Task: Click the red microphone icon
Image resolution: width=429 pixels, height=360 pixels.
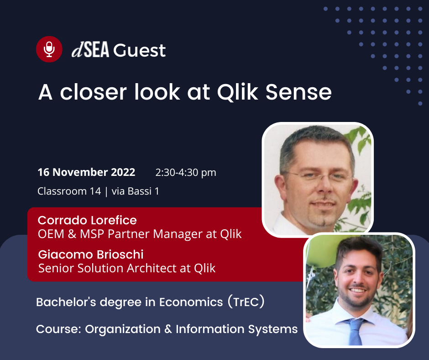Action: coord(49,49)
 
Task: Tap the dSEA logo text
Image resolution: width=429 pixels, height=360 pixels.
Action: coord(90,50)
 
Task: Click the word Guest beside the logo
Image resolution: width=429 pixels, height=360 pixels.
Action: coord(140,50)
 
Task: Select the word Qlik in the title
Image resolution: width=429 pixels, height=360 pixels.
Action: coord(237,92)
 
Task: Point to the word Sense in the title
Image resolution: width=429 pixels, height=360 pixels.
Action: coord(298,92)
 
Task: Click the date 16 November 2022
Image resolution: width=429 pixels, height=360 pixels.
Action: coord(86,172)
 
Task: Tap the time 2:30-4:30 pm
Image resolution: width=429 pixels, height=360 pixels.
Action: coord(186,173)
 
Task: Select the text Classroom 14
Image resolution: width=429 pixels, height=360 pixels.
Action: coord(69,191)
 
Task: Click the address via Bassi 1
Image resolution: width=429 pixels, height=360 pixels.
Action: coord(135,191)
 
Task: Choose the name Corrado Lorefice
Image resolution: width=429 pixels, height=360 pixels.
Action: coord(87,220)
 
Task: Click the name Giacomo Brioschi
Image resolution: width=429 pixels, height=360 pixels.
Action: coord(91,254)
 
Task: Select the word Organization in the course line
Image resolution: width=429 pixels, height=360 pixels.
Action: coord(123,329)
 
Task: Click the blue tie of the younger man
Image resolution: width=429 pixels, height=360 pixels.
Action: coord(355,332)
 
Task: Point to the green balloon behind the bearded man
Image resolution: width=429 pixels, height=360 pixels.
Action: coord(321,251)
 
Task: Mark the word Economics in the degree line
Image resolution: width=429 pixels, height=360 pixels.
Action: coord(191,302)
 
